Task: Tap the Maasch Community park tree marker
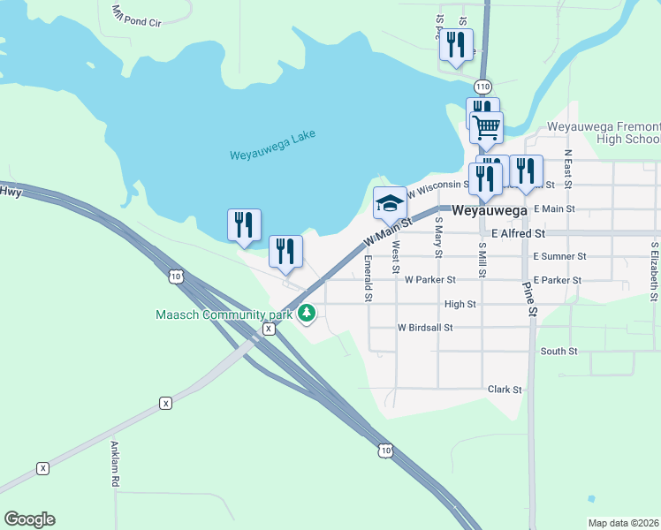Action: point(308,313)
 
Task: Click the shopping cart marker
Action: point(486,128)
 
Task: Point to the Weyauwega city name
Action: point(490,212)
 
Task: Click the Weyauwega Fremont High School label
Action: point(604,132)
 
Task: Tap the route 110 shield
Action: point(482,87)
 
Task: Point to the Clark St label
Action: point(505,389)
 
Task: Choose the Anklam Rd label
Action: point(115,465)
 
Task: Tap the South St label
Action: point(558,351)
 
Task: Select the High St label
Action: point(460,304)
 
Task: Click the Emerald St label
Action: point(368,278)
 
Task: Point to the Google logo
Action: point(29,519)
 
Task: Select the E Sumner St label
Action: point(559,256)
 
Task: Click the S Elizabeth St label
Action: point(654,272)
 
